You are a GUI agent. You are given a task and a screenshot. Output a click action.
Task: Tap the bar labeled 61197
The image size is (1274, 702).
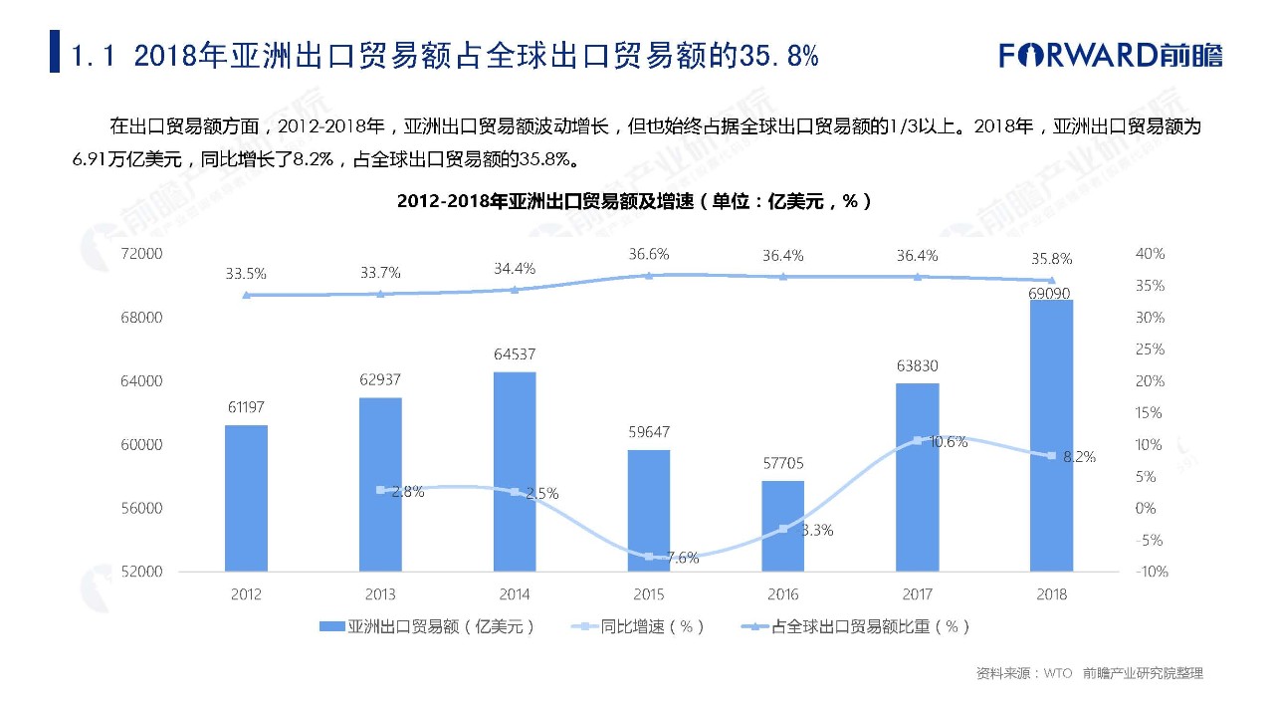(246, 498)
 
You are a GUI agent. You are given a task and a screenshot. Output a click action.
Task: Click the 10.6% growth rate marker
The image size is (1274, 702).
(918, 440)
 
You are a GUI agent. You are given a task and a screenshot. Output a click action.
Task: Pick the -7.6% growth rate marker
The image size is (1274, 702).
(649, 557)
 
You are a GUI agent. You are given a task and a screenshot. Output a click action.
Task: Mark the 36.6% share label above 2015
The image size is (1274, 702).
(648, 255)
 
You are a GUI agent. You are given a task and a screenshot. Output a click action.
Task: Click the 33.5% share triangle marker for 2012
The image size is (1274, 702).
(246, 295)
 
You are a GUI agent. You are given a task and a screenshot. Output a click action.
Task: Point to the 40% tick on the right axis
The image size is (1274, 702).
(1150, 255)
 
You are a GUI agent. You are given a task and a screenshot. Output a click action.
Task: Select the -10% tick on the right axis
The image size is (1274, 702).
(1150, 572)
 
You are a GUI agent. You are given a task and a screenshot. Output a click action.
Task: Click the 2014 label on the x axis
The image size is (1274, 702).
(514, 594)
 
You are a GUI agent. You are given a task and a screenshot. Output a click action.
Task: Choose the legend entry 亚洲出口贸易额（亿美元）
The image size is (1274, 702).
(428, 626)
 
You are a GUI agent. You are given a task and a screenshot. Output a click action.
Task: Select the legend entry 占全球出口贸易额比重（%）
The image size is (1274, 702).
(856, 626)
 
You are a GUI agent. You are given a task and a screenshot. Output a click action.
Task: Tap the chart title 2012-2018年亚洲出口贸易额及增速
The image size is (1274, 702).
(635, 201)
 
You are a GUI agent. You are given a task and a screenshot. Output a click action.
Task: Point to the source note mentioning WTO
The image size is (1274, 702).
(1089, 674)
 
